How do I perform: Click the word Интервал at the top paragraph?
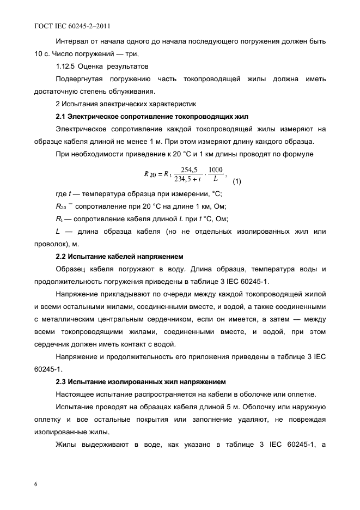pyautogui.click(x=72, y=41)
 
